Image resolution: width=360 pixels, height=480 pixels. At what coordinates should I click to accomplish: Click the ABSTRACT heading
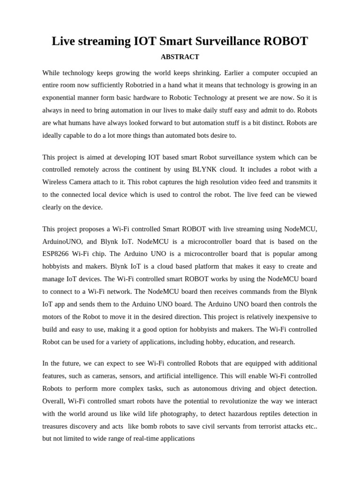180,57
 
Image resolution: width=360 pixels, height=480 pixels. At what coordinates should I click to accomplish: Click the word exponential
61,98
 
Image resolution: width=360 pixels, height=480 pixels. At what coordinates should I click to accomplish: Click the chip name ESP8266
58,254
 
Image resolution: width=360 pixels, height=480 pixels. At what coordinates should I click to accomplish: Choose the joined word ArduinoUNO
60,241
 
